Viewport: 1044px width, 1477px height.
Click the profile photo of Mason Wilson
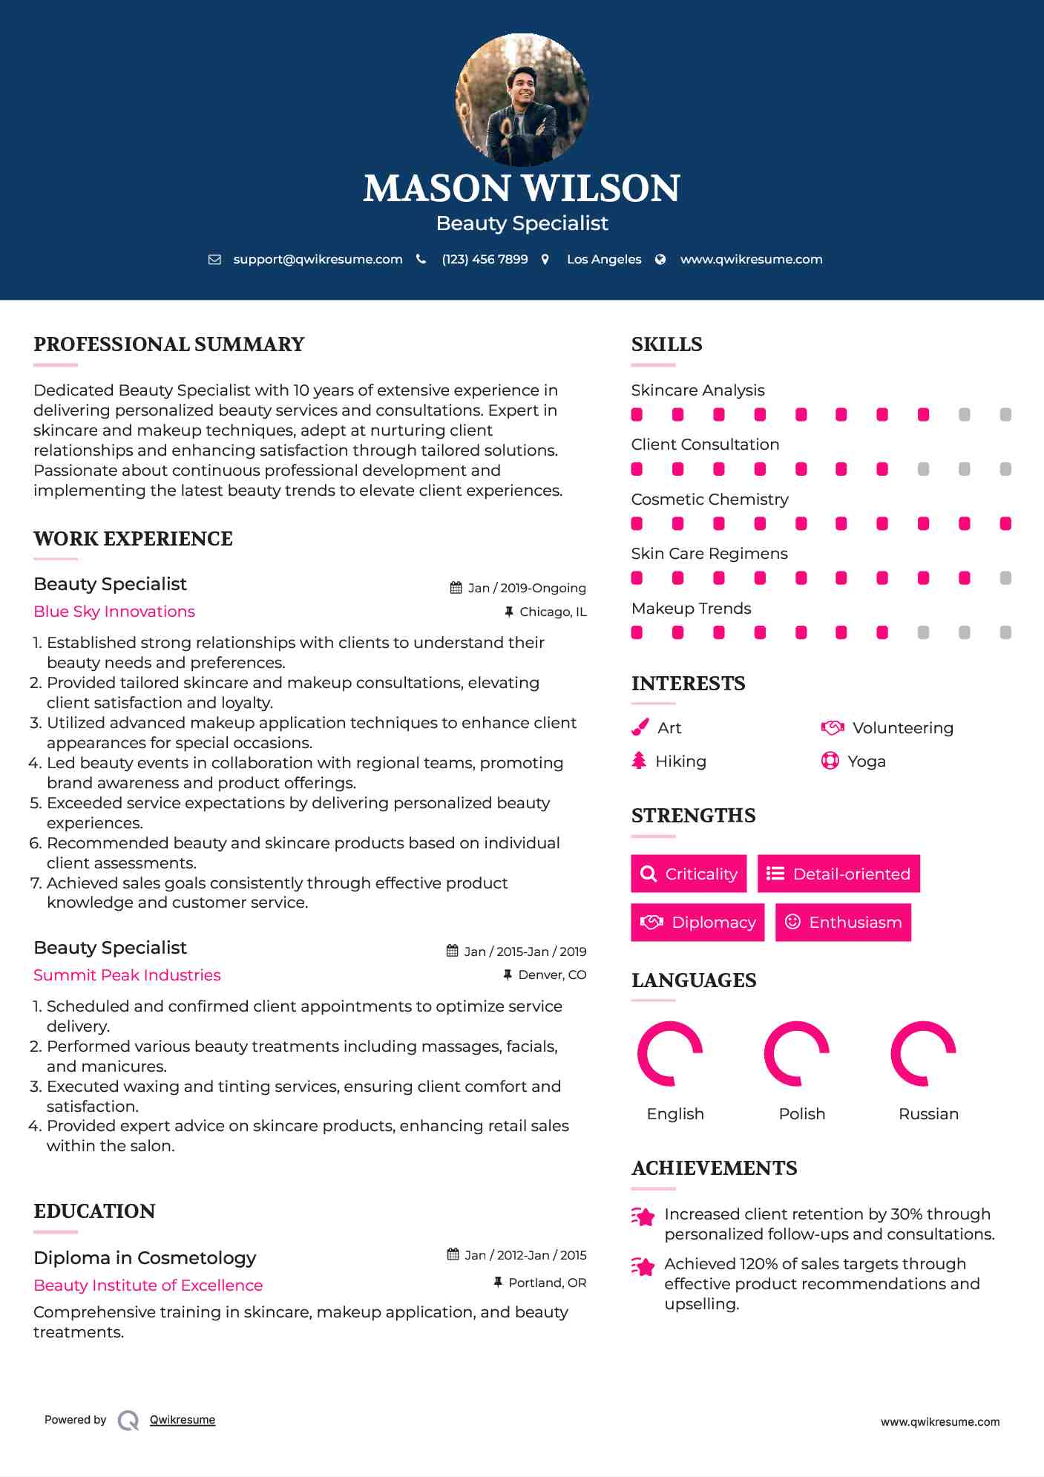[522, 99]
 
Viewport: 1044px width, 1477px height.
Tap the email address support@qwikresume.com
[318, 260]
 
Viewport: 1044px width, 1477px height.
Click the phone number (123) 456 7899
[485, 260]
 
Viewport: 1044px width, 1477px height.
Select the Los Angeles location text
[604, 260]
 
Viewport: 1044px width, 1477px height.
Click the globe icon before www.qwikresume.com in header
[660, 260]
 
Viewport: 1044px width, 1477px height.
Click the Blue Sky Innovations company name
[114, 612]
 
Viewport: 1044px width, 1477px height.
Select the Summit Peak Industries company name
[127, 975]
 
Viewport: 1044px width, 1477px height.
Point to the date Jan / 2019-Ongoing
[526, 588]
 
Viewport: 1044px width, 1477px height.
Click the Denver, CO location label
[552, 975]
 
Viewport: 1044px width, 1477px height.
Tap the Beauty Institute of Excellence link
[148, 1286]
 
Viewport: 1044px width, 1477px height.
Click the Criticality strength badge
[689, 874]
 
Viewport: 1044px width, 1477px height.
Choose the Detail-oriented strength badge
[838, 874]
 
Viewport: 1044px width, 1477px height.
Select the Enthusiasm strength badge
[843, 922]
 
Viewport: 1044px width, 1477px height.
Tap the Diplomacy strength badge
[697, 922]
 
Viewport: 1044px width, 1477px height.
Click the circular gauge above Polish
[796, 1053]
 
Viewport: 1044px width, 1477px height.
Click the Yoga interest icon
[830, 761]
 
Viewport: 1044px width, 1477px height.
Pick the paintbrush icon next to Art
[640, 727]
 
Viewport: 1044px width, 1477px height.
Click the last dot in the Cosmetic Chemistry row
[1005, 524]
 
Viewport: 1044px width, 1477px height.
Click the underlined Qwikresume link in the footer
[183, 1420]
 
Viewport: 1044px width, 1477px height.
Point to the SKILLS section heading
[666, 344]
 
